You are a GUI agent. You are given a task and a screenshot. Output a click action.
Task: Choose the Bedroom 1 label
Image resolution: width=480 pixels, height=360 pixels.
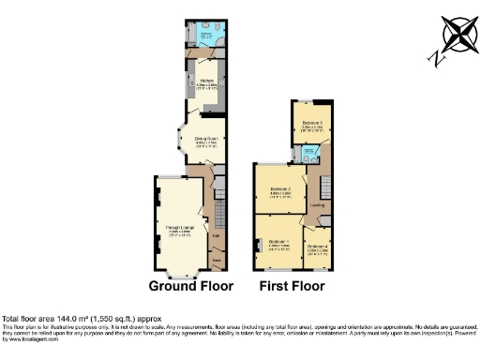(278, 243)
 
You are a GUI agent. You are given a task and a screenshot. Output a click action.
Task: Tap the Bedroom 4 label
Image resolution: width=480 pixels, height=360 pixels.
(316, 247)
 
